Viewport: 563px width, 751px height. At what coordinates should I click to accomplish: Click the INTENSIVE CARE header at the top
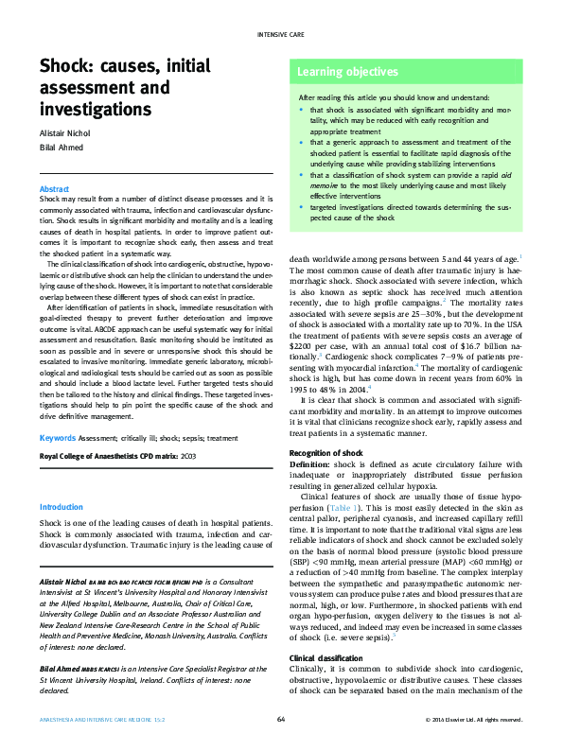(280, 34)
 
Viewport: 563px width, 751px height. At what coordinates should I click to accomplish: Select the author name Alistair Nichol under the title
(65, 133)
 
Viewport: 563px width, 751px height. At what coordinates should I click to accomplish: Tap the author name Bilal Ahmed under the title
(59, 148)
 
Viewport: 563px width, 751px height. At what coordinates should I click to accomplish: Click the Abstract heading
(54, 190)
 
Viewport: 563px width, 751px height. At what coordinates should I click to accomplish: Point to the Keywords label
(58, 438)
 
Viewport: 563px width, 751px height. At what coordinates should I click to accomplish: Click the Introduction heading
(62, 507)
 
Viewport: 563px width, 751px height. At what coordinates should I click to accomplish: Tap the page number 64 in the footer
(281, 720)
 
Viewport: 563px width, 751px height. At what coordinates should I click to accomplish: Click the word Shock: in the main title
(67, 66)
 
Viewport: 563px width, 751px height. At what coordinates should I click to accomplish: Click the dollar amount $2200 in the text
(302, 346)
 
